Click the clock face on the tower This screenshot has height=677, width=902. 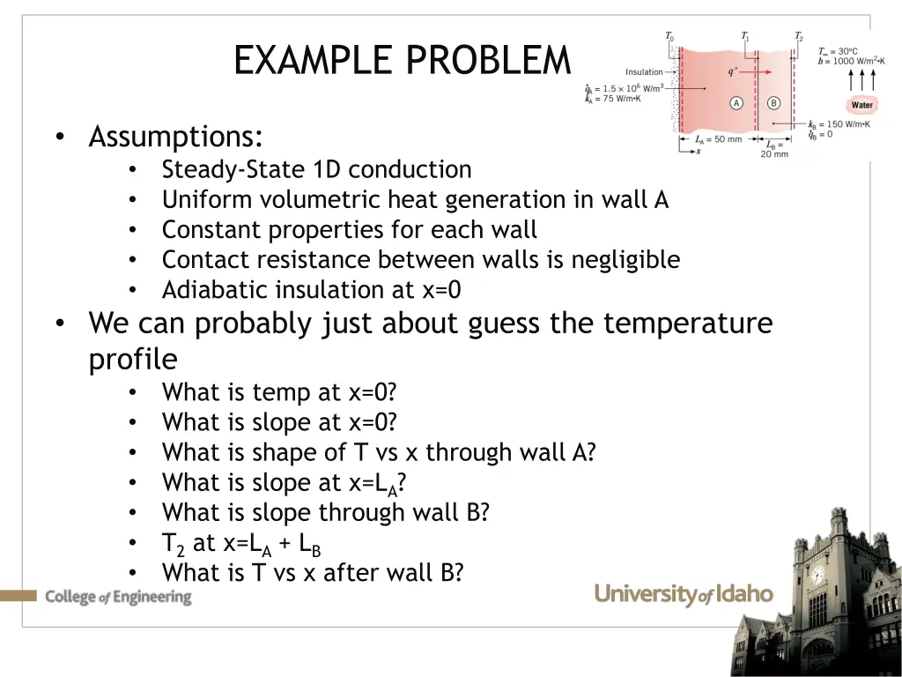coord(817,576)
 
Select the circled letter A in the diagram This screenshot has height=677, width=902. coord(736,103)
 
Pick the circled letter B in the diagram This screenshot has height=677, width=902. coord(773,103)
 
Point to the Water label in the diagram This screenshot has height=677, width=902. coord(861,105)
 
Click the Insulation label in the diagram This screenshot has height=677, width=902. coord(644,72)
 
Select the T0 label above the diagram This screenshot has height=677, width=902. coord(669,37)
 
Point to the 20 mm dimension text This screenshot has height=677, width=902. coord(775,154)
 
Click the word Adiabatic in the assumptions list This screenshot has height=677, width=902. coord(215,290)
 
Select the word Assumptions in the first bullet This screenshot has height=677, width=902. coord(175,138)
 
